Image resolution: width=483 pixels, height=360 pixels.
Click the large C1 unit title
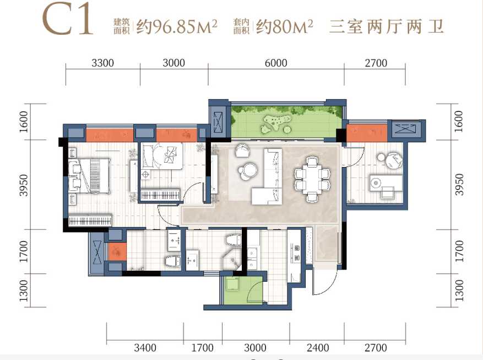coord(68,19)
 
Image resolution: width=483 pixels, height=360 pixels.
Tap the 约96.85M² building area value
coord(177,26)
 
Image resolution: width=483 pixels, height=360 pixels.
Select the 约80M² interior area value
coord(285,26)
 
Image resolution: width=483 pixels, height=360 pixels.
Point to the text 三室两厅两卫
coord(387,26)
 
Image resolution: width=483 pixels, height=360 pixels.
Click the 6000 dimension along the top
coord(276,63)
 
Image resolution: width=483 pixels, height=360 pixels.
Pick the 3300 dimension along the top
coord(103,63)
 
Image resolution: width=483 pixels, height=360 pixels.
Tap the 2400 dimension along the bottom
coord(318,348)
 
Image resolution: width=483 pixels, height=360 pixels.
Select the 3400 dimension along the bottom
coord(145,348)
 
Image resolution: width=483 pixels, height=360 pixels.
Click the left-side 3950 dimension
coord(24,185)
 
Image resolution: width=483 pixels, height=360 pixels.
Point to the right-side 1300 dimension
coord(459,291)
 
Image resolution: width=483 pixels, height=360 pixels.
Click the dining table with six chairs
coord(312,179)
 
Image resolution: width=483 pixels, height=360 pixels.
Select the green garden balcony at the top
coord(286,121)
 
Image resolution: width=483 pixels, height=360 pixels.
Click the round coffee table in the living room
coord(248,171)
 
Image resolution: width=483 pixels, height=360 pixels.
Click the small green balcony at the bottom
coord(242,289)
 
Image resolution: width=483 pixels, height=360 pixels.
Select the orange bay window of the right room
coord(367,133)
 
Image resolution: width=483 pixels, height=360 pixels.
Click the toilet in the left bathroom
coord(173,261)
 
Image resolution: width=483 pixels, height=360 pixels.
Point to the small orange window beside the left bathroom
coord(117,252)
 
